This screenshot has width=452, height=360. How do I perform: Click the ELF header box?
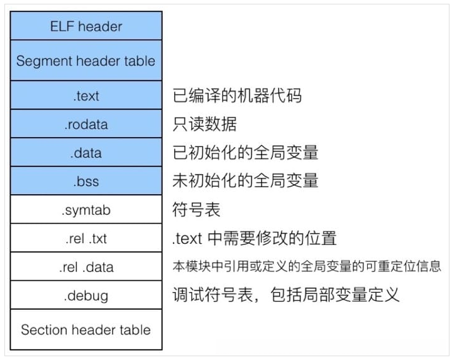86,26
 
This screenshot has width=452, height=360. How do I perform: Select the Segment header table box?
86,61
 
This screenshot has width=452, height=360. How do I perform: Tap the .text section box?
86,95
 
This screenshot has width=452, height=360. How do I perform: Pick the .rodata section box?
86,124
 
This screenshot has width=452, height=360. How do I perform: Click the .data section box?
86,153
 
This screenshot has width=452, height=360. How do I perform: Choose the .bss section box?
86,181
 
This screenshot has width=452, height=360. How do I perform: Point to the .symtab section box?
86,210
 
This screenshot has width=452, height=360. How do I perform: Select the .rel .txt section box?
86,238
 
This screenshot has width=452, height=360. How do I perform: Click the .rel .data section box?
86,267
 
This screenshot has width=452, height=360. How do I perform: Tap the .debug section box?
86,295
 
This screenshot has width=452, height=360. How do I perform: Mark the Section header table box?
86,330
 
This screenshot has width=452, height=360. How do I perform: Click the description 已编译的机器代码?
237,95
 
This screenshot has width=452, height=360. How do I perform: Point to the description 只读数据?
204,124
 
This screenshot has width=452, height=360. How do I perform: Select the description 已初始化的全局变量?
245,153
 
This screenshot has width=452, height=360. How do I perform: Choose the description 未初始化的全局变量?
245,181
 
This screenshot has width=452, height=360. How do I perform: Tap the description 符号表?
196,210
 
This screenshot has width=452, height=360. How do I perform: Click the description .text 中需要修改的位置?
255,238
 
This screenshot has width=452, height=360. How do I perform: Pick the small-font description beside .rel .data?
307,267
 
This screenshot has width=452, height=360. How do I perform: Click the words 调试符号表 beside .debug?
212,295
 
